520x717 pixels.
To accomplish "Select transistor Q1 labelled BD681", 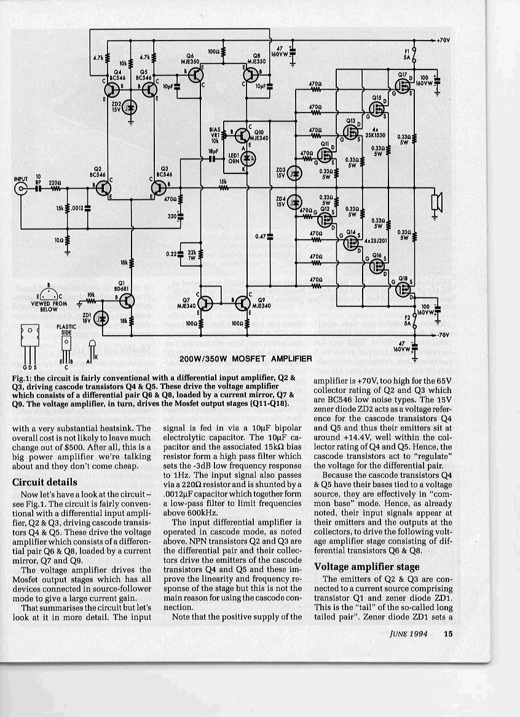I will [127, 301].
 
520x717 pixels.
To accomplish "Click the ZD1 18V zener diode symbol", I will [103, 318].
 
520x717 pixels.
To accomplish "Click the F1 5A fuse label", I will [407, 53].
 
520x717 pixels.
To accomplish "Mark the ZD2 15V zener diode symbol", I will [130, 108].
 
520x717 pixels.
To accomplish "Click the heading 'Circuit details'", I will [45, 482].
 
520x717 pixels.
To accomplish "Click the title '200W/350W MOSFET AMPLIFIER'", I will [246, 358].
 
